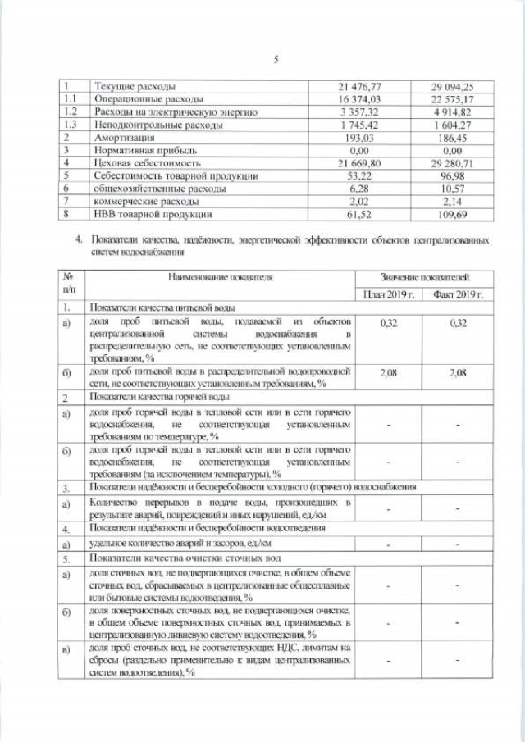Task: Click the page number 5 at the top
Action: tap(276, 59)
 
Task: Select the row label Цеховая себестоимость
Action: tap(147, 163)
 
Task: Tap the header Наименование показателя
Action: tap(220, 278)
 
